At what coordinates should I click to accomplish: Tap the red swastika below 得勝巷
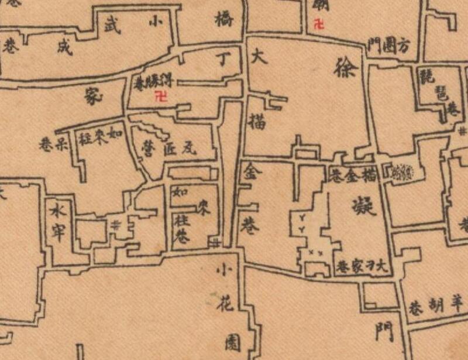pos(159,98)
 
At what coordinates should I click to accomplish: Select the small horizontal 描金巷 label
pos(355,174)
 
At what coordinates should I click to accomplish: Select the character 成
pos(63,47)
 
